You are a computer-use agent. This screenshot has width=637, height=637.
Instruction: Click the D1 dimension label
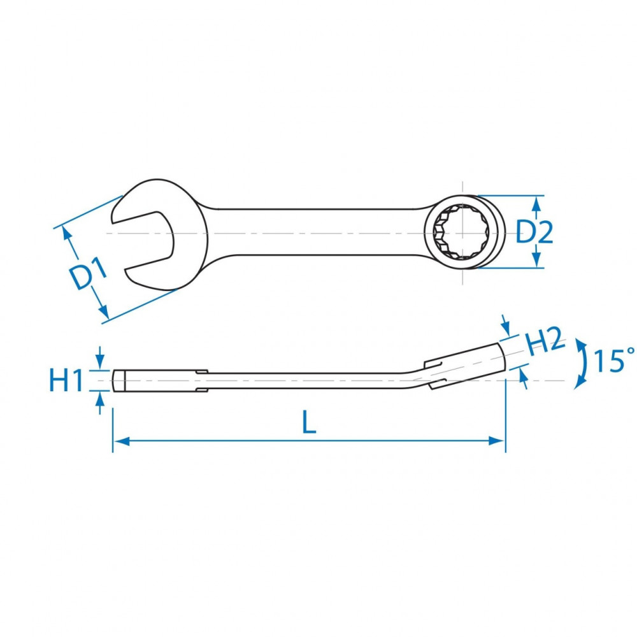click(x=87, y=274)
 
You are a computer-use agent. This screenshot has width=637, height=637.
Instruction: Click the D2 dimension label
click(x=534, y=233)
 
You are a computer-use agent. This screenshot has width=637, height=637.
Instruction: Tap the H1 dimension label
click(x=66, y=380)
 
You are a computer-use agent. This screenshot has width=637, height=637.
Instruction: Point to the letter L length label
click(x=309, y=422)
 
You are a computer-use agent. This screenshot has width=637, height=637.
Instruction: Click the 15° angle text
click(x=614, y=360)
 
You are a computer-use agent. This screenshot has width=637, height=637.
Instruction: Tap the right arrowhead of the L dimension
click(x=497, y=441)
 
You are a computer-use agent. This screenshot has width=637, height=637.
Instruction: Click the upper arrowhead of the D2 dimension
click(x=536, y=204)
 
